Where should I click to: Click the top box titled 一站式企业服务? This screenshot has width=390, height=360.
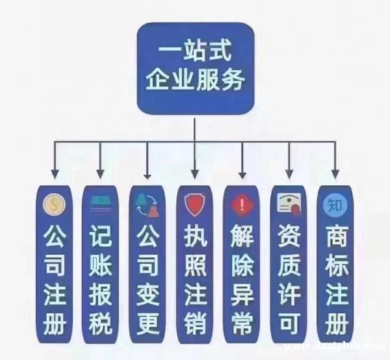pyautogui.click(x=196, y=68)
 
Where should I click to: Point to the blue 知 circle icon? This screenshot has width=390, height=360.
pyautogui.click(x=335, y=205)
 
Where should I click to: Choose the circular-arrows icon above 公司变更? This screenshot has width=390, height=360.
pyautogui.click(x=148, y=205)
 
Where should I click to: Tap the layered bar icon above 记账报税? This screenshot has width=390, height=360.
pyautogui.click(x=101, y=204)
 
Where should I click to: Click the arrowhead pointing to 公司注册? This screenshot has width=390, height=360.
pyautogui.click(x=55, y=174)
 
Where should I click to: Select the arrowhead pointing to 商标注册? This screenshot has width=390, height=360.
pyautogui.click(x=335, y=174)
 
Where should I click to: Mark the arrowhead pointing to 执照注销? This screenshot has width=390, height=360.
pyautogui.click(x=195, y=174)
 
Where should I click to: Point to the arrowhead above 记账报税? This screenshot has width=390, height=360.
pyautogui.click(x=100, y=174)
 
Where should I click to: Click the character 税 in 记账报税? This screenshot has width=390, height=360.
pyautogui.click(x=100, y=323)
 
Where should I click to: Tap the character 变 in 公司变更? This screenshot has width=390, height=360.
pyautogui.click(x=148, y=294)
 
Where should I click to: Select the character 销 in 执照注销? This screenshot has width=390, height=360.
pyautogui.click(x=195, y=323)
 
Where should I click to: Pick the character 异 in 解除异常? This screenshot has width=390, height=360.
pyautogui.click(x=242, y=294)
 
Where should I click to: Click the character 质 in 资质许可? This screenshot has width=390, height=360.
pyautogui.click(x=289, y=265)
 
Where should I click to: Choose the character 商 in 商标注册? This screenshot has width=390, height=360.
pyautogui.click(x=336, y=236)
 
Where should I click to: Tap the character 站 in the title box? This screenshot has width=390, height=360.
pyautogui.click(x=195, y=52)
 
